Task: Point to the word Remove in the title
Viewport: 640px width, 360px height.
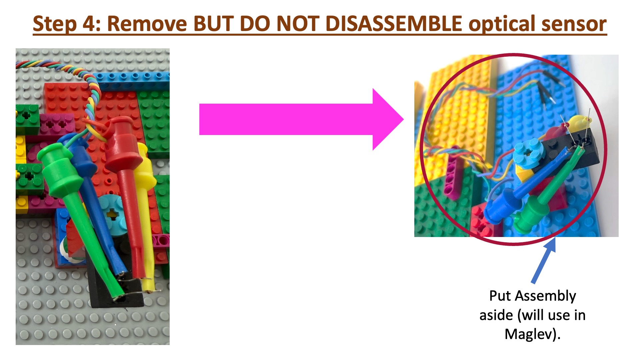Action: (x=147, y=24)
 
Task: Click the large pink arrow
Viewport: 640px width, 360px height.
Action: (x=302, y=119)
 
